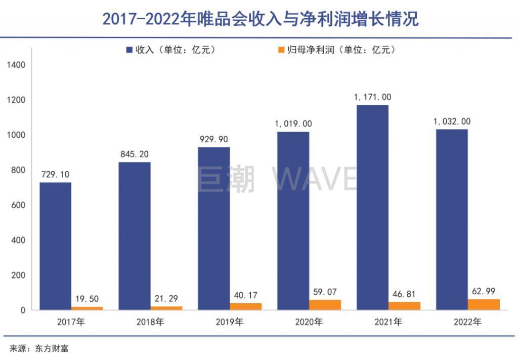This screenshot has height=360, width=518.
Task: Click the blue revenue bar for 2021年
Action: (x=372, y=208)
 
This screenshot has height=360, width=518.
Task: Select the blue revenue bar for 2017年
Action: (x=55, y=246)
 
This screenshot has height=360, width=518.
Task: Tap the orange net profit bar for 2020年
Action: (x=325, y=305)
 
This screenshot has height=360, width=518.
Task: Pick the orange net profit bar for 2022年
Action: (x=484, y=304)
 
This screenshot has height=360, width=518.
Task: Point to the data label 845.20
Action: (x=135, y=154)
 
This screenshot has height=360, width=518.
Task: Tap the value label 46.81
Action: (x=404, y=293)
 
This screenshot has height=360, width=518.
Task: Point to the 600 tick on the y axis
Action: (x=19, y=205)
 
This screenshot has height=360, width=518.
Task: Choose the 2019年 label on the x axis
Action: (x=230, y=322)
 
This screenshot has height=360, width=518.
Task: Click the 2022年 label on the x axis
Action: (x=467, y=322)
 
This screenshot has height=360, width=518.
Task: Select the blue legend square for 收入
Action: (x=129, y=50)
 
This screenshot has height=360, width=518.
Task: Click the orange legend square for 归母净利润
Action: (x=282, y=50)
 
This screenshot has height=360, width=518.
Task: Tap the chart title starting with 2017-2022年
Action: (x=259, y=19)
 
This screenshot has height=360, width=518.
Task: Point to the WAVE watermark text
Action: (x=315, y=179)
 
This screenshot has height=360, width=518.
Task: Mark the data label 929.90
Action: (x=213, y=139)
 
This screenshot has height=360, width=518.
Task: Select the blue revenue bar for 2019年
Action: (x=213, y=228)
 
